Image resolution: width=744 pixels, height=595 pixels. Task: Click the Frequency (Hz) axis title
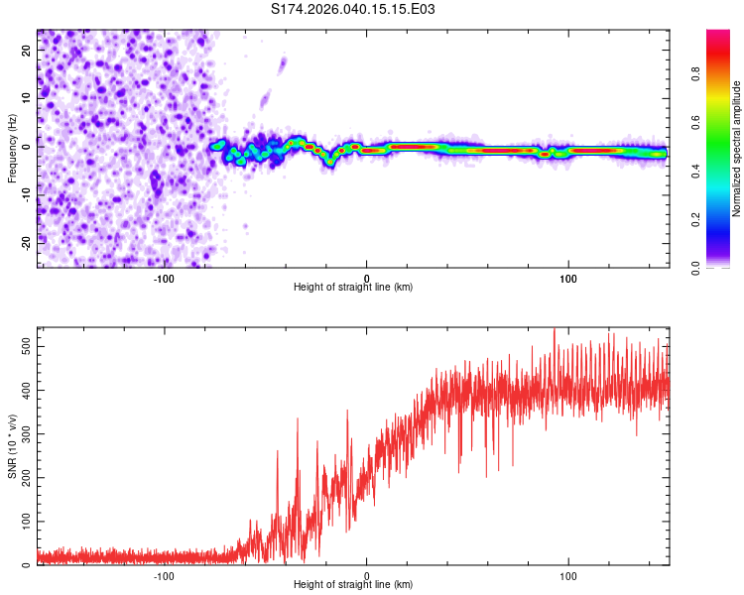(x=12, y=149)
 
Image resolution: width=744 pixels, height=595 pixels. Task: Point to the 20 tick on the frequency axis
(x=27, y=53)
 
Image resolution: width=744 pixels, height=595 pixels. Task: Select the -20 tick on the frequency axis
(x=27, y=242)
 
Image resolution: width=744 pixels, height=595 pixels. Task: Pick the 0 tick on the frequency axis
(x=27, y=147)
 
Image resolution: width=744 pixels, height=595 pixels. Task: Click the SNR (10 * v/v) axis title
(x=12, y=446)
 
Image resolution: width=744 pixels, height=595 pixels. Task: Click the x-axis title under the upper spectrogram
(x=353, y=287)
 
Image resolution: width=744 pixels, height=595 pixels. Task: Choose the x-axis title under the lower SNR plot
(x=353, y=584)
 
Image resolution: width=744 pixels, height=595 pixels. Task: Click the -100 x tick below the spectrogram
(x=164, y=279)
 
